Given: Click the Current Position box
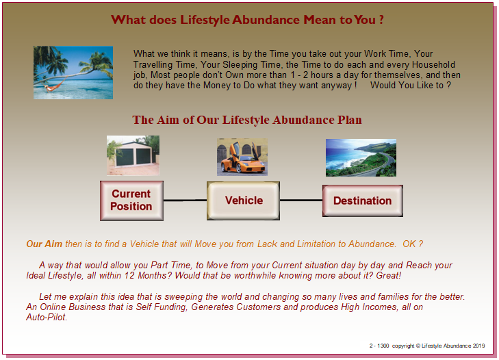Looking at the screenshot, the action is (131, 201).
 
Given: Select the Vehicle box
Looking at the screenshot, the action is (244, 201).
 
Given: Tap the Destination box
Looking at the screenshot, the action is (363, 201).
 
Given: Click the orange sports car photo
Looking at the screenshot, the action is (242, 157).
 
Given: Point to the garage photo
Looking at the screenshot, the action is (133, 155).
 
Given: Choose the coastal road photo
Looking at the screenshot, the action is (361, 157).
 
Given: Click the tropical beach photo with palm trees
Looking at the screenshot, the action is (73, 73).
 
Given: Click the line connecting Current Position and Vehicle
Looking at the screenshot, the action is (185, 201).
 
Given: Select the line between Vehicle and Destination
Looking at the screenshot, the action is (301, 201).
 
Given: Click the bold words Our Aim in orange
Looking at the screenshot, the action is (44, 244).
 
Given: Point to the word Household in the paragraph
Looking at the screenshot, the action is (433, 64).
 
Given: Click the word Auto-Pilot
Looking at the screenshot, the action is (47, 317).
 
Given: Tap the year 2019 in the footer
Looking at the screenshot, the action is (478, 346).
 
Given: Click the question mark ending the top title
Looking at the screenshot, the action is (381, 20).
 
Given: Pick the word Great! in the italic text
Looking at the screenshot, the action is (388, 275).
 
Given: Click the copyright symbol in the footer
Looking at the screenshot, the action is (418, 346).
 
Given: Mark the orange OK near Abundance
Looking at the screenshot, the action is (409, 244).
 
